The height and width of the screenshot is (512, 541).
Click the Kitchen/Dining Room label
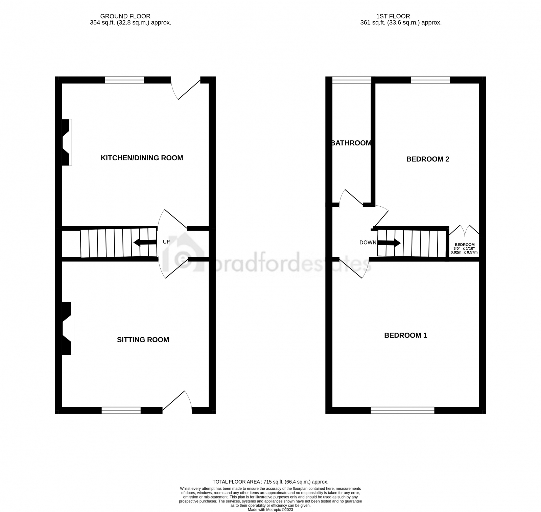pos(142,158)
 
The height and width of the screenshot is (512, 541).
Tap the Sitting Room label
pos(143,340)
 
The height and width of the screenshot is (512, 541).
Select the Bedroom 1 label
pos(405,335)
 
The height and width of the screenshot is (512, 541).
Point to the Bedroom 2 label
pos(427,159)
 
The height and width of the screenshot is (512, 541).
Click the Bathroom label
pos(352,143)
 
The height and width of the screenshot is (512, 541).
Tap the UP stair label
pos(166,242)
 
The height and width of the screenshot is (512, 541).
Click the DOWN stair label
pos(368,242)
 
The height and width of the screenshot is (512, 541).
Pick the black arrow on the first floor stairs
pos(389,243)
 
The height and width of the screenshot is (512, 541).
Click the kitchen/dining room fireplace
pos(66,142)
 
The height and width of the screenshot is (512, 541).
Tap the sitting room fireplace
pos(68,328)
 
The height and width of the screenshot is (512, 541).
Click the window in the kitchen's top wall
pos(124,80)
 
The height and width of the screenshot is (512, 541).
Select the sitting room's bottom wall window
pos(121,410)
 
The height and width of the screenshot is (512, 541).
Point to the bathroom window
pos(352,80)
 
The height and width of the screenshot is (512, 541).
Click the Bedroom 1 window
pos(402,410)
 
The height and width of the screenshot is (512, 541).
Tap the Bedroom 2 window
pos(430,80)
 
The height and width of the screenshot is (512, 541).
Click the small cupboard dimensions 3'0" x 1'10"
pos(464,250)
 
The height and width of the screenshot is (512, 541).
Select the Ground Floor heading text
pos(125,16)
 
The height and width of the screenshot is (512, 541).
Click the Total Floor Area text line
pos(270,482)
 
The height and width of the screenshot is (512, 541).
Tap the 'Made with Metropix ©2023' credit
pos(270,510)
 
